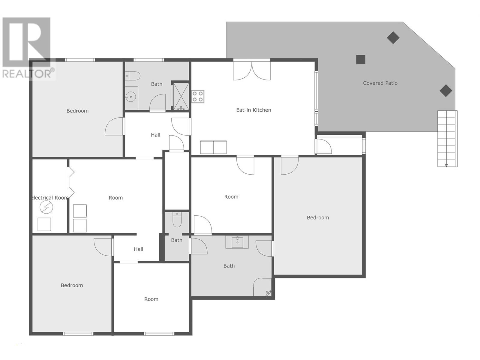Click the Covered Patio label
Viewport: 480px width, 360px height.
(x=380, y=83)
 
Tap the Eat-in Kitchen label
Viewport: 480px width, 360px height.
(x=253, y=110)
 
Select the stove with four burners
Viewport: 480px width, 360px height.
(x=198, y=97)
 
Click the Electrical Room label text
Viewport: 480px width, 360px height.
(x=50, y=198)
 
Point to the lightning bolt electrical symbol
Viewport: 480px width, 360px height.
(x=46, y=207)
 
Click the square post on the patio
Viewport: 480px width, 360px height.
(x=361, y=60)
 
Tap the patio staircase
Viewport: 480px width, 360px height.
(x=447, y=139)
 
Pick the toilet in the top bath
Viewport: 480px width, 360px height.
(x=133, y=76)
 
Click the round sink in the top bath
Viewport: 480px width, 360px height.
(x=131, y=97)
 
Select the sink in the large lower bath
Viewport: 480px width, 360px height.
(x=237, y=242)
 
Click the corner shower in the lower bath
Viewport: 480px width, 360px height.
(x=263, y=287)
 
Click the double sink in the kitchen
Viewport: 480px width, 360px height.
(x=213, y=147)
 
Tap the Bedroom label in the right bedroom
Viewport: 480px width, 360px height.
(x=318, y=217)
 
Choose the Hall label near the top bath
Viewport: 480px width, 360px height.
(x=155, y=135)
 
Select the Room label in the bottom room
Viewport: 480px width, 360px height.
(x=151, y=299)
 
